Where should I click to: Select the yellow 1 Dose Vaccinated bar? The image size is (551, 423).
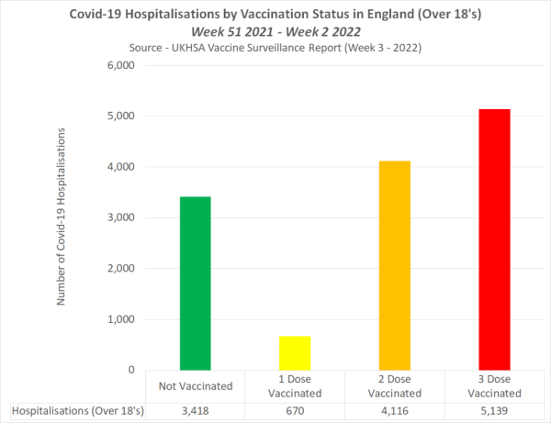pos(295,352)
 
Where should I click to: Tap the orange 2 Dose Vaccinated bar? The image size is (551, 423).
pos(395,265)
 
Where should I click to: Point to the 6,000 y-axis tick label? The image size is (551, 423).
pos(121,66)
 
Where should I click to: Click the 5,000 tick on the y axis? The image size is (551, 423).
pos(121,117)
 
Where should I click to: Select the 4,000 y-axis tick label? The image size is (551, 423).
pos(121,168)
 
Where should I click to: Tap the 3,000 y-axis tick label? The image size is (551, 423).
pos(121,218)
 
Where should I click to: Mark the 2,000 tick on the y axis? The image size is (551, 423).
pos(121,269)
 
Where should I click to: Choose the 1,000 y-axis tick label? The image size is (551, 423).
pos(121,319)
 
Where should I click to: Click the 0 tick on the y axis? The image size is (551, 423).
pos(130,370)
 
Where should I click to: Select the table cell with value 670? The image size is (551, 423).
pos(295,411)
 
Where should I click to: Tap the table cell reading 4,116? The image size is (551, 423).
pos(395,411)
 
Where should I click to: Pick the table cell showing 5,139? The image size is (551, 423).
pos(494,411)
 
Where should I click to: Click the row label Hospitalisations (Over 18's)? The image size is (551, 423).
pos(75,411)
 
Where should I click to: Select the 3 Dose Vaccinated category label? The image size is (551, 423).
pos(494,385)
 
